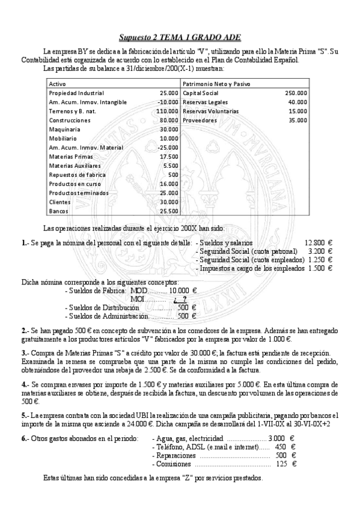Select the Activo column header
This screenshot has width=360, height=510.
(58, 84)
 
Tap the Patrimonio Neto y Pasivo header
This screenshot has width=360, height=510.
(216, 84)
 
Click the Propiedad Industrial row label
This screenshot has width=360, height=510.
(76, 93)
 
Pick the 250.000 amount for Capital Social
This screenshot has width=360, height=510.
(296, 93)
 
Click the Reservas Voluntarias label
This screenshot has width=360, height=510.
(210, 111)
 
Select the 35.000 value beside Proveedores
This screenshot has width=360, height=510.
(297, 120)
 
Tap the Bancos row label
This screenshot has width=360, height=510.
(58, 211)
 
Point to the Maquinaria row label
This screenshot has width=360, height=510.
(65, 129)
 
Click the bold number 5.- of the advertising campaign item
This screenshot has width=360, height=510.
(25, 415)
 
